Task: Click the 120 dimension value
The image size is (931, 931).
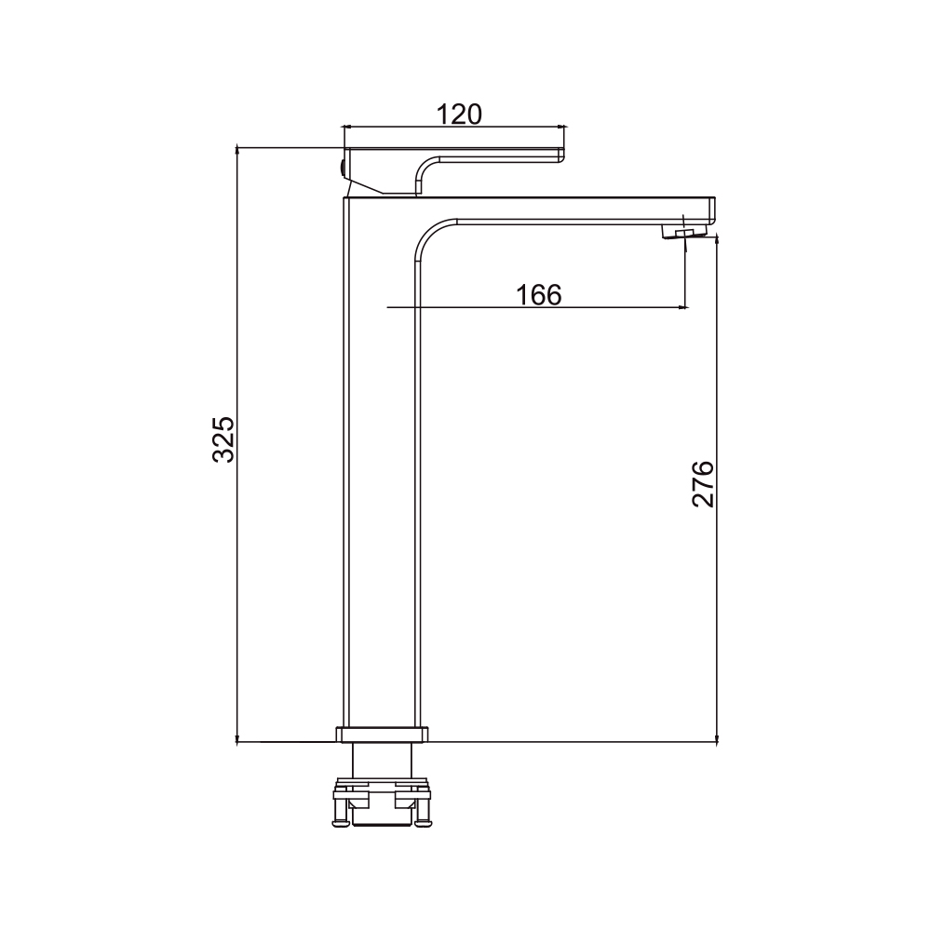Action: pyautogui.click(x=459, y=114)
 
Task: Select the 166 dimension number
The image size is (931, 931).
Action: pyautogui.click(x=538, y=294)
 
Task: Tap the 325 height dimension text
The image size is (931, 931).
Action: pyautogui.click(x=223, y=439)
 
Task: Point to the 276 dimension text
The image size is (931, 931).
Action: pyautogui.click(x=703, y=483)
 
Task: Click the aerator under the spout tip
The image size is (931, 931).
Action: pyautogui.click(x=685, y=232)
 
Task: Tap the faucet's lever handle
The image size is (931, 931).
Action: pyautogui.click(x=454, y=170)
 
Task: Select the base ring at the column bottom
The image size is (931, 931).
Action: pyautogui.click(x=382, y=735)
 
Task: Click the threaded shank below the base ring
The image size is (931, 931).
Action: pyautogui.click(x=382, y=760)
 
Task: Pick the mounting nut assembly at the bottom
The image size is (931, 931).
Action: pyautogui.click(x=382, y=802)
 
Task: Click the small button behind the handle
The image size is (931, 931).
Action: pyautogui.click(x=342, y=167)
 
